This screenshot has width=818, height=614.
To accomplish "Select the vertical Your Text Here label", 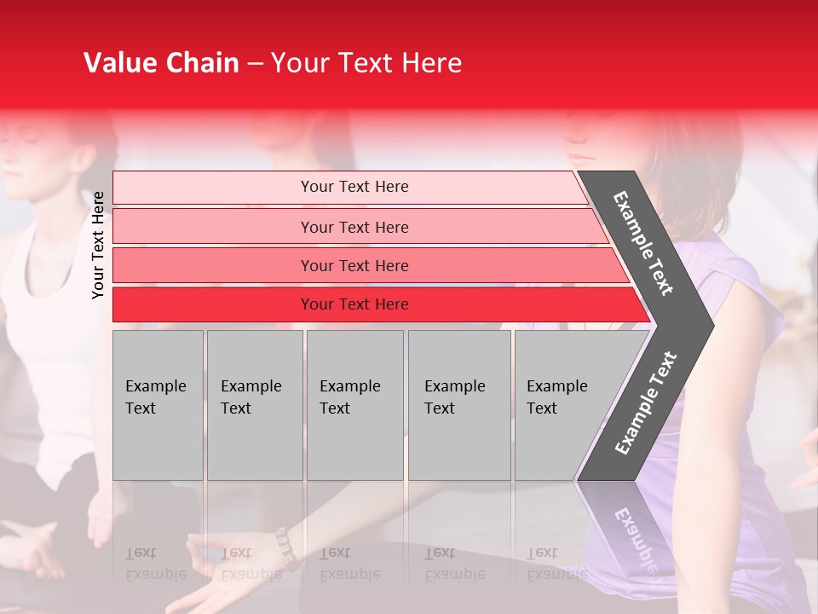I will (98, 246).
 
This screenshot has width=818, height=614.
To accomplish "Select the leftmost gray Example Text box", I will (158, 405).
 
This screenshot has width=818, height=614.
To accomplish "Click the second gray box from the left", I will (254, 405).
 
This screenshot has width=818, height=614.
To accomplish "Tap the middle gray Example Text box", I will (354, 405).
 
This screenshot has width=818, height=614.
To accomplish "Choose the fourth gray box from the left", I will (459, 405).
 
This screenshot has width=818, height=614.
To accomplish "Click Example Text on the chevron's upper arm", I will (643, 243).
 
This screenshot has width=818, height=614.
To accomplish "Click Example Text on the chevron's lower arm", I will (646, 403).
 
